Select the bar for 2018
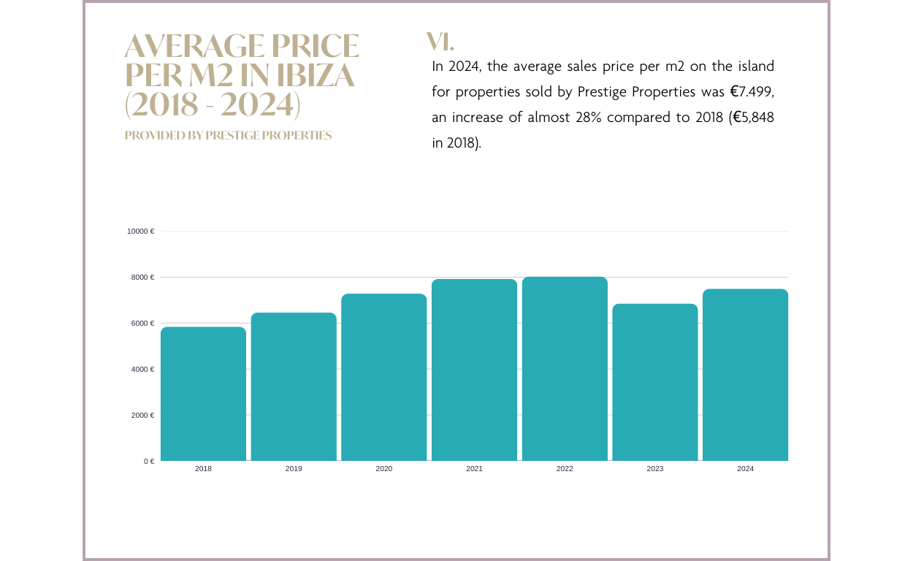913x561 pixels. click(x=203, y=394)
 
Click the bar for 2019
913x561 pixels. click(x=294, y=387)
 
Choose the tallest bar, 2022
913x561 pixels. click(x=565, y=369)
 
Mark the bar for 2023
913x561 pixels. click(x=655, y=382)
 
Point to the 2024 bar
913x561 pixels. click(x=745, y=375)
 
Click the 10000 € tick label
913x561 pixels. click(x=140, y=232)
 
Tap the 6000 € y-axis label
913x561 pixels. click(x=142, y=324)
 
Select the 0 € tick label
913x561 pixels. click(x=149, y=462)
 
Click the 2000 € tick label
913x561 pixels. click(x=142, y=416)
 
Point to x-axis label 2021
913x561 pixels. click(x=474, y=469)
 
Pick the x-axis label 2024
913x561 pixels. click(x=745, y=469)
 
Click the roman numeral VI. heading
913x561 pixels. click(x=440, y=42)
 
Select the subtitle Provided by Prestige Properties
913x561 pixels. click(x=228, y=136)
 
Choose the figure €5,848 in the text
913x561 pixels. click(x=753, y=118)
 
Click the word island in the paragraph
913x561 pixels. click(x=755, y=66)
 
